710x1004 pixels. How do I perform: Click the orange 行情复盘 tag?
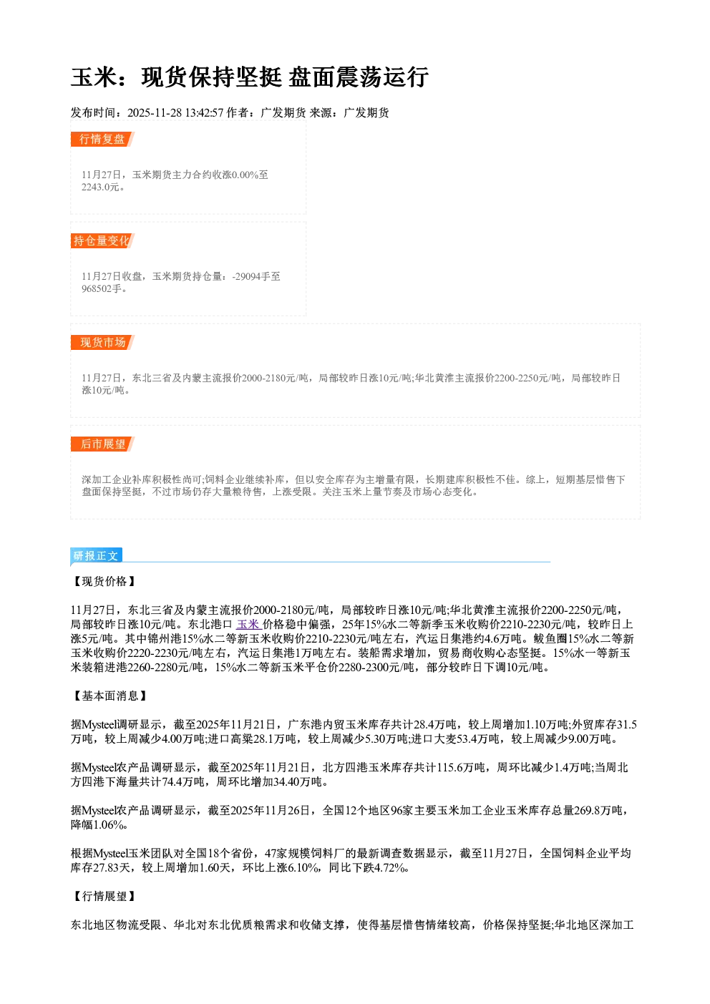pos(102,139)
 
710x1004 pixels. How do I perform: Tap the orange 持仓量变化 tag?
pos(102,240)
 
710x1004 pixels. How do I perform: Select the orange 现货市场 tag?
pos(102,343)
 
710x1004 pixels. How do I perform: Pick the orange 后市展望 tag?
pos(102,444)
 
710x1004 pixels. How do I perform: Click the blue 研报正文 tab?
pos(96,556)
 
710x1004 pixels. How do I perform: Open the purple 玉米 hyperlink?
pos(249,624)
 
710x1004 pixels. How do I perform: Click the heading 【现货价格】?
pos(104,581)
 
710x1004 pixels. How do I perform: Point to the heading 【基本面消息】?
pos(110,696)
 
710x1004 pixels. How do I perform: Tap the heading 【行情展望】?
pos(104,897)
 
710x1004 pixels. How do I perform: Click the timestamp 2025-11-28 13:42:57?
pos(175,112)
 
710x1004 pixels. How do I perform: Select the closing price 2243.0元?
pos(100,187)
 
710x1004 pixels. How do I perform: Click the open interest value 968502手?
pos(102,288)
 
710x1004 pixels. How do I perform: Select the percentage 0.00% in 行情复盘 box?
pos(245,175)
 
